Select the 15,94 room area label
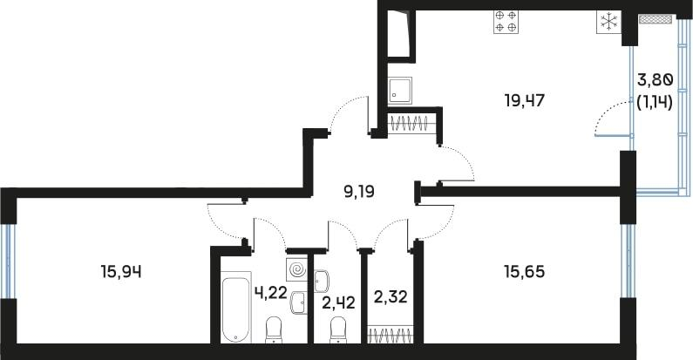(121, 272)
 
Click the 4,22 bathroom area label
(271, 292)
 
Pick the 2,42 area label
(339, 303)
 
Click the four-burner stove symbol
(506, 21)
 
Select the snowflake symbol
(608, 22)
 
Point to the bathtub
(236, 309)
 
